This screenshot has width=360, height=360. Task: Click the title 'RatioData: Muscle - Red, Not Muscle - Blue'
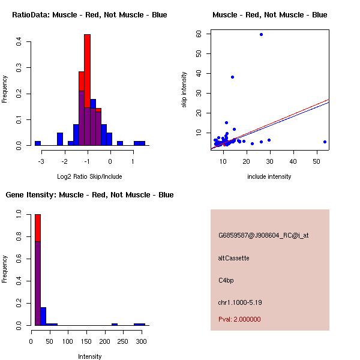(x=89, y=15)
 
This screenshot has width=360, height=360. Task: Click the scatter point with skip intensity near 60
(x=261, y=34)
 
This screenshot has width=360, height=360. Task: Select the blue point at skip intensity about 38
(x=232, y=77)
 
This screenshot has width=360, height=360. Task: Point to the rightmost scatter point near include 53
(x=325, y=142)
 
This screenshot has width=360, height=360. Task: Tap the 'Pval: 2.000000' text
(x=239, y=320)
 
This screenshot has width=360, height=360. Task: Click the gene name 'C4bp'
(x=226, y=280)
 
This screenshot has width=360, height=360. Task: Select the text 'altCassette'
(x=233, y=258)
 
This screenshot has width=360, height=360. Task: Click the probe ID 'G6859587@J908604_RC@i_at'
(x=263, y=236)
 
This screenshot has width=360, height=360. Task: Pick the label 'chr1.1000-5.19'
(x=240, y=302)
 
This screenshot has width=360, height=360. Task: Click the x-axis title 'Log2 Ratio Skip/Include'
(x=89, y=176)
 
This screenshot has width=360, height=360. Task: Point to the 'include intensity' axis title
(x=269, y=176)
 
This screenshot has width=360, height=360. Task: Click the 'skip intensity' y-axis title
(x=184, y=90)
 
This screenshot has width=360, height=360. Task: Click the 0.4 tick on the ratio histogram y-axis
(x=20, y=41)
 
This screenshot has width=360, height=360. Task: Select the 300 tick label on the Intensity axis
(x=141, y=341)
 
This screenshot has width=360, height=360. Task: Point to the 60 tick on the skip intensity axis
(x=199, y=34)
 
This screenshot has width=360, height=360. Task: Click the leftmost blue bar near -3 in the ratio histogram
(x=37, y=143)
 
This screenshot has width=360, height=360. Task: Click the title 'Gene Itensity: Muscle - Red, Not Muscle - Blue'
(x=89, y=195)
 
